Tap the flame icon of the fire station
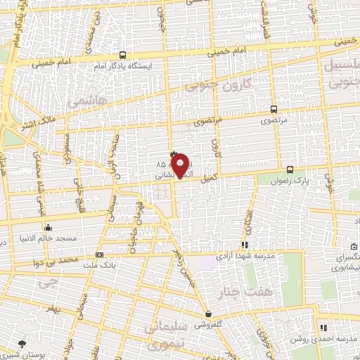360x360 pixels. point(174,154)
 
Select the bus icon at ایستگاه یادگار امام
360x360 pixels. point(123,55)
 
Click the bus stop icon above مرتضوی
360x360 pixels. point(274,110)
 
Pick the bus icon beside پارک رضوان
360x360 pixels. point(290,169)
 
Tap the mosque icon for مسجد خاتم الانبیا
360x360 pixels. point(48,227)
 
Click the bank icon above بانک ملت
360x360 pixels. point(99,255)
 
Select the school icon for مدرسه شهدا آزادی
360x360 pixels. point(245,245)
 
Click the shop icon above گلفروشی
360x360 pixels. point(207,314)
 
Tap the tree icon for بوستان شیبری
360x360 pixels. point(23,345)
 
